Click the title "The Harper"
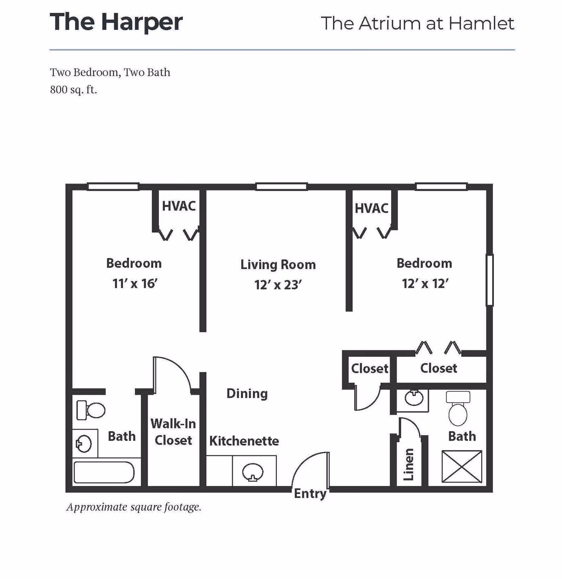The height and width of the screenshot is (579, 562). pyautogui.click(x=116, y=22)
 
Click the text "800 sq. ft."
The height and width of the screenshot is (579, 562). pyautogui.click(x=73, y=90)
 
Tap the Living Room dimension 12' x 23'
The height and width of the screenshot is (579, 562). pyautogui.click(x=278, y=285)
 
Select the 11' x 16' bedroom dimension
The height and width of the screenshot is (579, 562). pyautogui.click(x=135, y=284)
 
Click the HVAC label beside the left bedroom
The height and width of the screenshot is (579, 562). pyautogui.click(x=178, y=206)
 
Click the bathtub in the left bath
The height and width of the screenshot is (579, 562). pyautogui.click(x=104, y=472)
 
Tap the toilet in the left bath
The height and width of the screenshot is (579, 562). pyautogui.click(x=91, y=410)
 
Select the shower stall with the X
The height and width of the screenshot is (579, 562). pyautogui.click(x=462, y=467)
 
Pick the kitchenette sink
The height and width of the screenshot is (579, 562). pyautogui.click(x=253, y=472)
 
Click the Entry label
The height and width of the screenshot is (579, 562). pyautogui.click(x=310, y=494)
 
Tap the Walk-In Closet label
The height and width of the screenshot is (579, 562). pyautogui.click(x=173, y=432)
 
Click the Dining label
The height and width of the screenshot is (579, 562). pyautogui.click(x=247, y=394)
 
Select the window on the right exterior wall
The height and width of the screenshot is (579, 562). pyautogui.click(x=490, y=280)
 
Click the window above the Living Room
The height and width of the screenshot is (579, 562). pyautogui.click(x=281, y=187)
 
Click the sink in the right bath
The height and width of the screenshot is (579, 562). pyautogui.click(x=414, y=398)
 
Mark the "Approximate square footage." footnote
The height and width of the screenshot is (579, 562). pyautogui.click(x=134, y=507)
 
